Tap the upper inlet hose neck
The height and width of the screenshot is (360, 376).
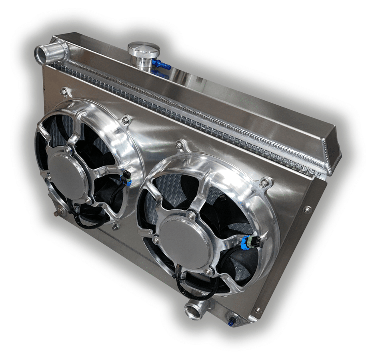pyautogui.click(x=45, y=53)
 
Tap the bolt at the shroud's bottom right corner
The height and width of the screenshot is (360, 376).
pyautogui.click(x=257, y=310)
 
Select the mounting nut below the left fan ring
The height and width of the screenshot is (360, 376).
pyautogui.click(x=115, y=227)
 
